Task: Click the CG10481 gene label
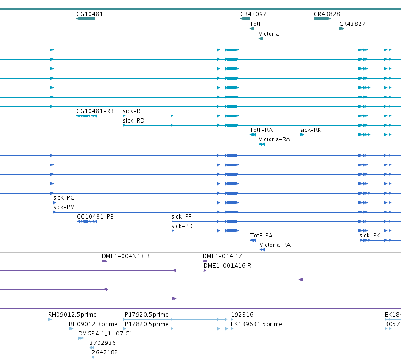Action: [x=90, y=14]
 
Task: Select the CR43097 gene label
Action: [x=254, y=14]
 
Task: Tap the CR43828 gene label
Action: [x=327, y=14]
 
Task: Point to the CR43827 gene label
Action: [x=352, y=24]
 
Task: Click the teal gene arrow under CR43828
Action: [x=322, y=19]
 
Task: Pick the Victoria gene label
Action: [x=269, y=34]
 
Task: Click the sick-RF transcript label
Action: [x=133, y=111]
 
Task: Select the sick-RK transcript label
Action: [x=311, y=130]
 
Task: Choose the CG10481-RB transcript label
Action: [x=95, y=111]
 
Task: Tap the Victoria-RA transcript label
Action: [x=274, y=139]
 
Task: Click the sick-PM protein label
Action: [x=64, y=207]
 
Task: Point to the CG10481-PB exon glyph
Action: [x=87, y=221]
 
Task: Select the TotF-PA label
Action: [x=262, y=236]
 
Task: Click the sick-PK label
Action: [x=370, y=236]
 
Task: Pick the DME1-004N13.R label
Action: [x=126, y=256]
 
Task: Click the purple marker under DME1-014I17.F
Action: [x=205, y=261]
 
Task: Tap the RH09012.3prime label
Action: [x=93, y=324]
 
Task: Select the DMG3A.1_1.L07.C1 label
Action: [x=106, y=334]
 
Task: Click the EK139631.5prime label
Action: [x=256, y=324]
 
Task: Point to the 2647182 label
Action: [x=105, y=352]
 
